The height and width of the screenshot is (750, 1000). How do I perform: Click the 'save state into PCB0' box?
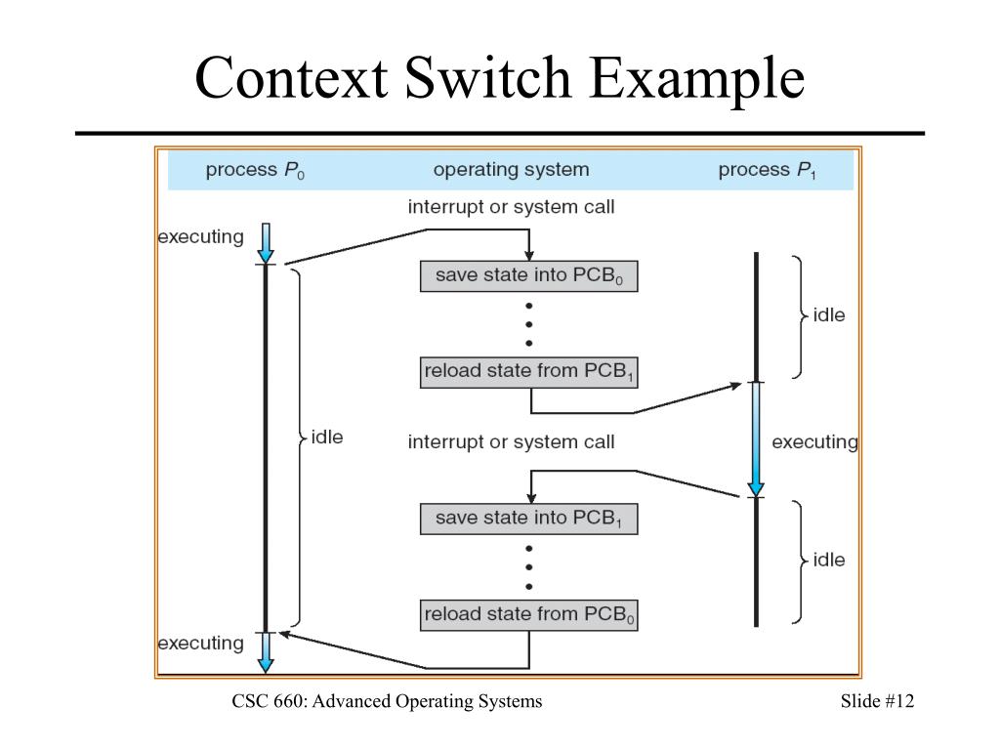pyautogui.click(x=528, y=275)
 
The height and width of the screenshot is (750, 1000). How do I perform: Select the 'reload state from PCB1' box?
pyautogui.click(x=528, y=372)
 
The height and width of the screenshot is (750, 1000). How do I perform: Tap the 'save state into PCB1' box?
pyautogui.click(x=528, y=519)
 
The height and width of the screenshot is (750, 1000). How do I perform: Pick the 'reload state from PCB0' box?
pyautogui.click(x=528, y=615)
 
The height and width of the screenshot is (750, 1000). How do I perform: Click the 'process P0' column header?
pyautogui.click(x=255, y=170)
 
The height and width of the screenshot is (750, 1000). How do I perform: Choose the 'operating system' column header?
pyautogui.click(x=511, y=170)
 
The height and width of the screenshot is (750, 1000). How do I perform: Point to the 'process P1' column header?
pyautogui.click(x=768, y=170)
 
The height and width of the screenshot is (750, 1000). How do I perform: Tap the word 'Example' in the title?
pyautogui.click(x=697, y=79)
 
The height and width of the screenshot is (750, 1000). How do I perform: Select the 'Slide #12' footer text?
pyautogui.click(x=877, y=701)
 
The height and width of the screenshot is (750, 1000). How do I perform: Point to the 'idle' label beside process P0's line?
pyautogui.click(x=326, y=437)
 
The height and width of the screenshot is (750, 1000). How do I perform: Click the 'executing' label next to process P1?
pyautogui.click(x=814, y=442)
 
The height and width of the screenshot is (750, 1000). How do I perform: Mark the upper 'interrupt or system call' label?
pyautogui.click(x=511, y=207)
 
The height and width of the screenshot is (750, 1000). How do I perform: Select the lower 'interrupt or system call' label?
pyautogui.click(x=511, y=442)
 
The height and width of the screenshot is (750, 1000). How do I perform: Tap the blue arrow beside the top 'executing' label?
pyautogui.click(x=266, y=243)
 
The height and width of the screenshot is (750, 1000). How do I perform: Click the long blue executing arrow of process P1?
pyautogui.click(x=756, y=439)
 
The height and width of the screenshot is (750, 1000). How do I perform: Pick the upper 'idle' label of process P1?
pyautogui.click(x=828, y=315)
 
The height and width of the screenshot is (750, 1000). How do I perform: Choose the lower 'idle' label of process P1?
pyautogui.click(x=828, y=560)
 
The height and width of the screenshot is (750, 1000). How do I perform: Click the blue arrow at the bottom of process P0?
pyautogui.click(x=266, y=652)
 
